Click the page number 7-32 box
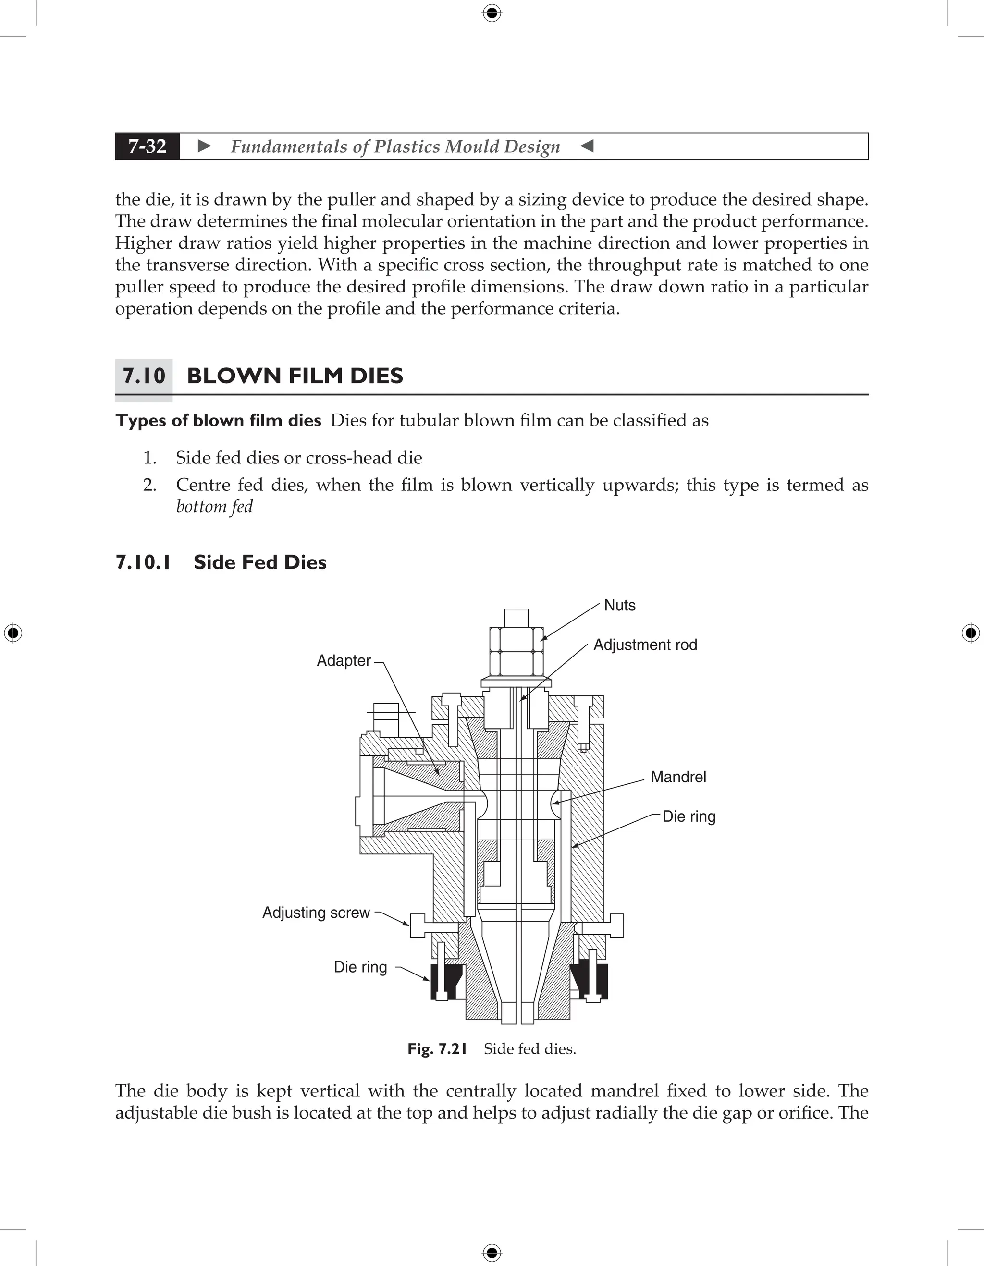pos(148,146)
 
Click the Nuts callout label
pos(619,605)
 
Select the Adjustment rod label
pos(645,645)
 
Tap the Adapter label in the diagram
pos(343,660)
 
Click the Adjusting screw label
pos(316,913)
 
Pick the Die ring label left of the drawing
pos(360,967)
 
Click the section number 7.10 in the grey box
pos(144,376)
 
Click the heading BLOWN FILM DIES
pos(295,376)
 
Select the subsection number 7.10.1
pos(143,562)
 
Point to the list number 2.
pos(149,485)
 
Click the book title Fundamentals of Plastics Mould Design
pos(395,146)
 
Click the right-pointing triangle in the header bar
pos(204,146)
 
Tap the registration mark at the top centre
pos(492,13)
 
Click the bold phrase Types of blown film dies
pos(218,420)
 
